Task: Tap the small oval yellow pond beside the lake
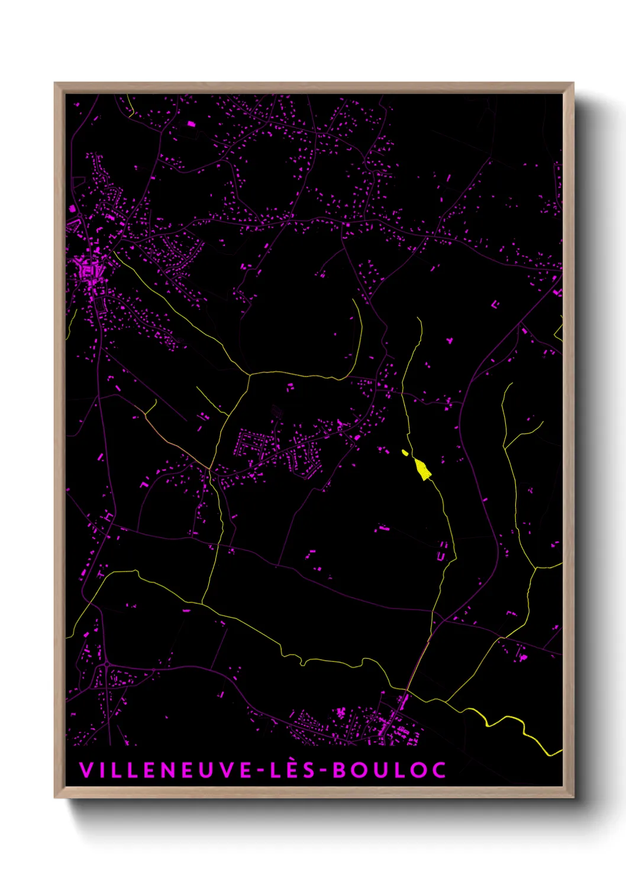[405, 453]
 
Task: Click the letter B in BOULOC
[339, 770]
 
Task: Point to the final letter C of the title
[438, 770]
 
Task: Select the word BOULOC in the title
[389, 770]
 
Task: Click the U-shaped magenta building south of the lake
[441, 556]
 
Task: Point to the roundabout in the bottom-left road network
[106, 666]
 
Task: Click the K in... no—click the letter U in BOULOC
[379, 770]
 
